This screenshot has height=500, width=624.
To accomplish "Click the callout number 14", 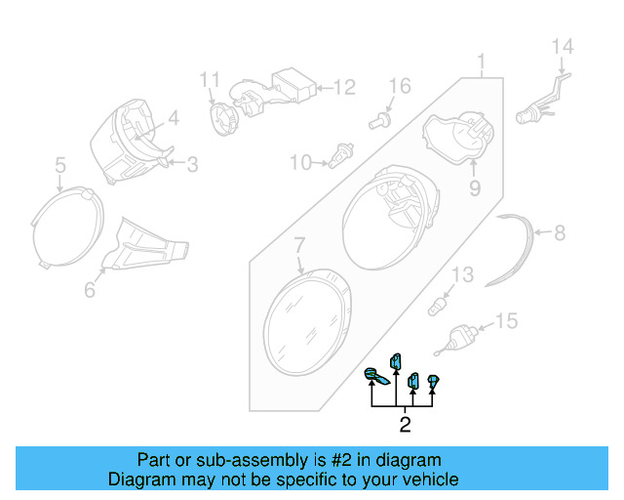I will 564,45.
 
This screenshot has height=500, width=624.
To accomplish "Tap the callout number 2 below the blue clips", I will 405,424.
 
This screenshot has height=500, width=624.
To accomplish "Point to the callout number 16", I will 401,87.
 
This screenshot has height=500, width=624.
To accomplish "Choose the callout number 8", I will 560,233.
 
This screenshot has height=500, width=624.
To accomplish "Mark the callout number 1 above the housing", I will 480,64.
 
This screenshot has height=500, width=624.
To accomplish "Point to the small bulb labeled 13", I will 440,307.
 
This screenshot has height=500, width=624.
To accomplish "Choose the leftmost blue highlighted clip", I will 375,378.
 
